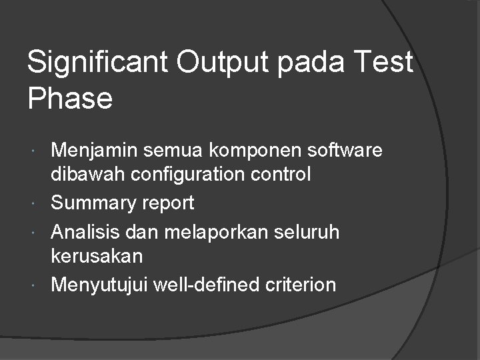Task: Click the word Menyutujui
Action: (99, 285)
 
